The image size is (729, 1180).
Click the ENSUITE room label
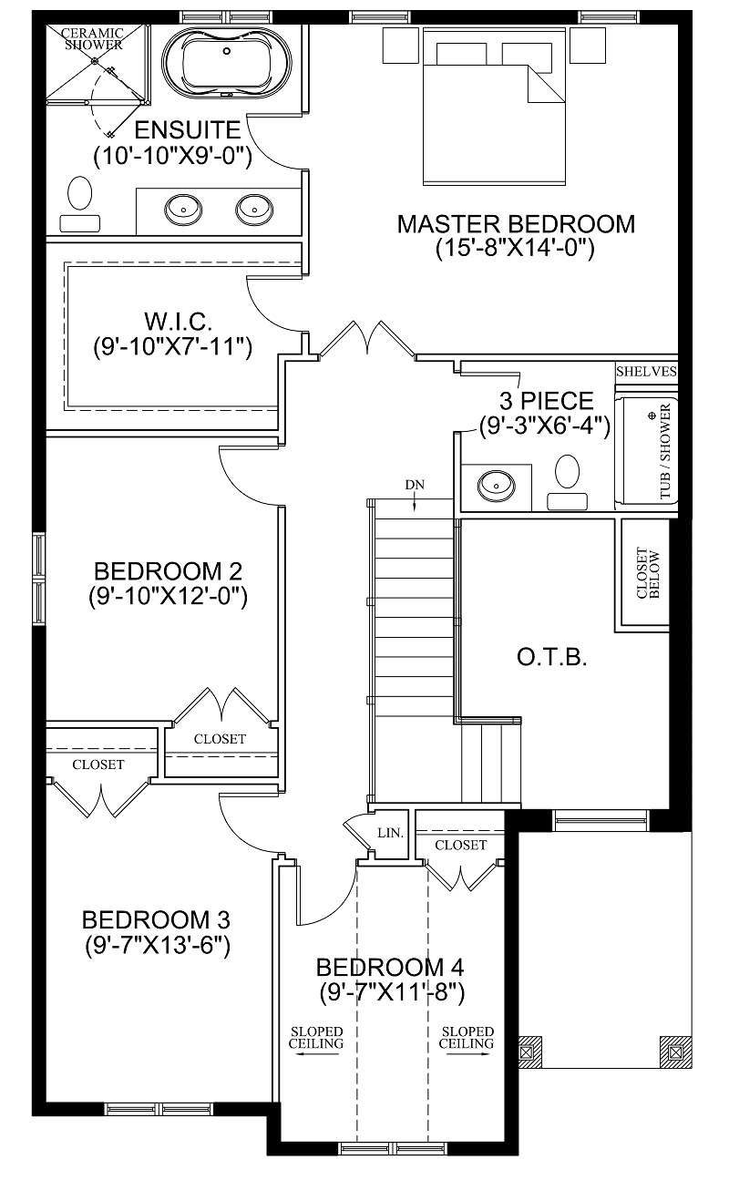click(x=188, y=129)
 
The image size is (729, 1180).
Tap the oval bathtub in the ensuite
click(x=227, y=64)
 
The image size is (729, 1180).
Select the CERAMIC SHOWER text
click(x=93, y=39)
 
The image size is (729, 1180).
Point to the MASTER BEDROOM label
click(x=516, y=224)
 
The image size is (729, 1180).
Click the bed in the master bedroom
click(x=494, y=107)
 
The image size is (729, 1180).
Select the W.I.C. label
click(x=178, y=321)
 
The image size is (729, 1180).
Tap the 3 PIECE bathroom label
click(x=546, y=402)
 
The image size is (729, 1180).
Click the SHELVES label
click(x=646, y=372)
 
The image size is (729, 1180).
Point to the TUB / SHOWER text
click(x=665, y=451)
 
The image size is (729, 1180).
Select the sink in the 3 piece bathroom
click(x=496, y=485)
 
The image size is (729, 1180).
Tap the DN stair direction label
click(x=415, y=485)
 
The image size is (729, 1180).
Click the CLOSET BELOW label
click(x=648, y=574)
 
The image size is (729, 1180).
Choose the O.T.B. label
click(x=551, y=658)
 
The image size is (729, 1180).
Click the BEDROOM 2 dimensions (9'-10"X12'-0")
click(x=168, y=597)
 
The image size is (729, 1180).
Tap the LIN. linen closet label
click(x=390, y=833)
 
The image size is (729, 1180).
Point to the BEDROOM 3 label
click(x=156, y=920)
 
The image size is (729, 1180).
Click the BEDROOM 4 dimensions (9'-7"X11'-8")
click(x=392, y=993)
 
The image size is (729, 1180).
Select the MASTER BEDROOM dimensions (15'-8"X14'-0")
click(x=515, y=248)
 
